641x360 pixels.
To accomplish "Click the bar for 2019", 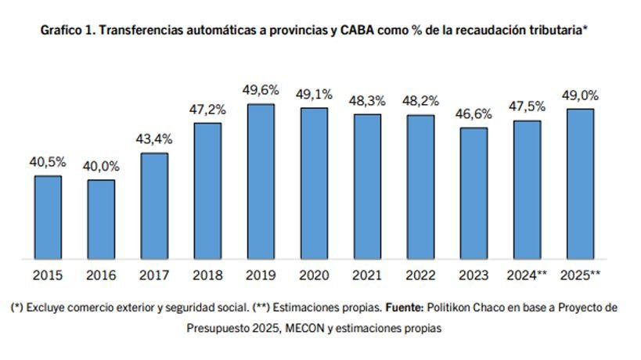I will point(261,182).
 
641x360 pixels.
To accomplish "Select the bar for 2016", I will point(101,219).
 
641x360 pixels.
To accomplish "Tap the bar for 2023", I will point(473,193).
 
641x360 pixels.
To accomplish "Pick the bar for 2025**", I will point(579,184).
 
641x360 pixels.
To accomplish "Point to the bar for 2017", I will point(154,206).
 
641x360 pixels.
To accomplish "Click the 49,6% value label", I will point(261,91).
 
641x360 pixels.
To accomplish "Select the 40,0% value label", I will point(101,167).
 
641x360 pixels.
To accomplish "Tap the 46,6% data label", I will point(473,114).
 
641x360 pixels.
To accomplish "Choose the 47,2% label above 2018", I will point(207,110).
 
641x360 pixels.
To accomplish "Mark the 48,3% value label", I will point(367,101).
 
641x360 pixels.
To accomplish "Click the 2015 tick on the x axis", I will point(48,275).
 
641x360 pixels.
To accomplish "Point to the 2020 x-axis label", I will point(314,275).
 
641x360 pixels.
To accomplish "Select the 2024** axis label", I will point(527,275).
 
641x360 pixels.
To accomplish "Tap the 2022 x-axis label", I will point(420,275).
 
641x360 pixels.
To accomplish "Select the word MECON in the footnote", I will point(286,329).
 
